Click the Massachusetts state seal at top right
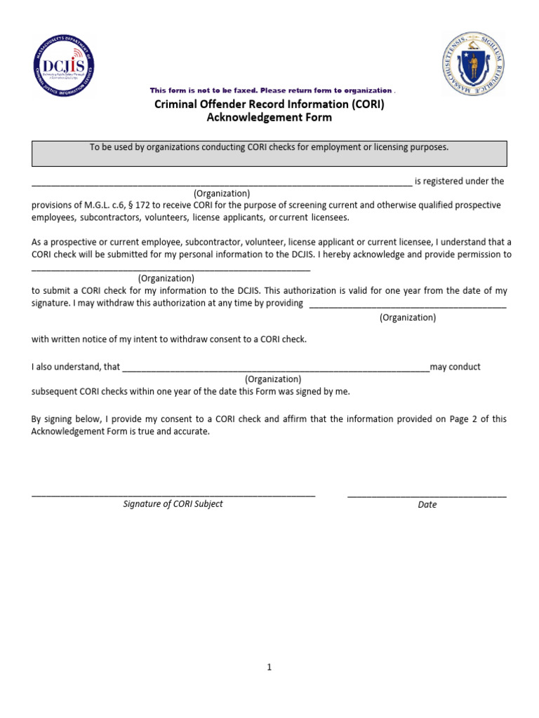(x=474, y=64)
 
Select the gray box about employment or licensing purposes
(x=269, y=153)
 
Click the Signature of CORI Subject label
(x=173, y=503)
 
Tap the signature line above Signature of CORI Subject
(x=173, y=495)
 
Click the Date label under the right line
(x=427, y=504)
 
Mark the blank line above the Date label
(x=427, y=495)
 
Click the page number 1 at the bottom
(x=269, y=668)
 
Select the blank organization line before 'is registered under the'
(x=221, y=184)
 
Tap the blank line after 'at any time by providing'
(x=407, y=306)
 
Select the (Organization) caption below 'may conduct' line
(x=273, y=379)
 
